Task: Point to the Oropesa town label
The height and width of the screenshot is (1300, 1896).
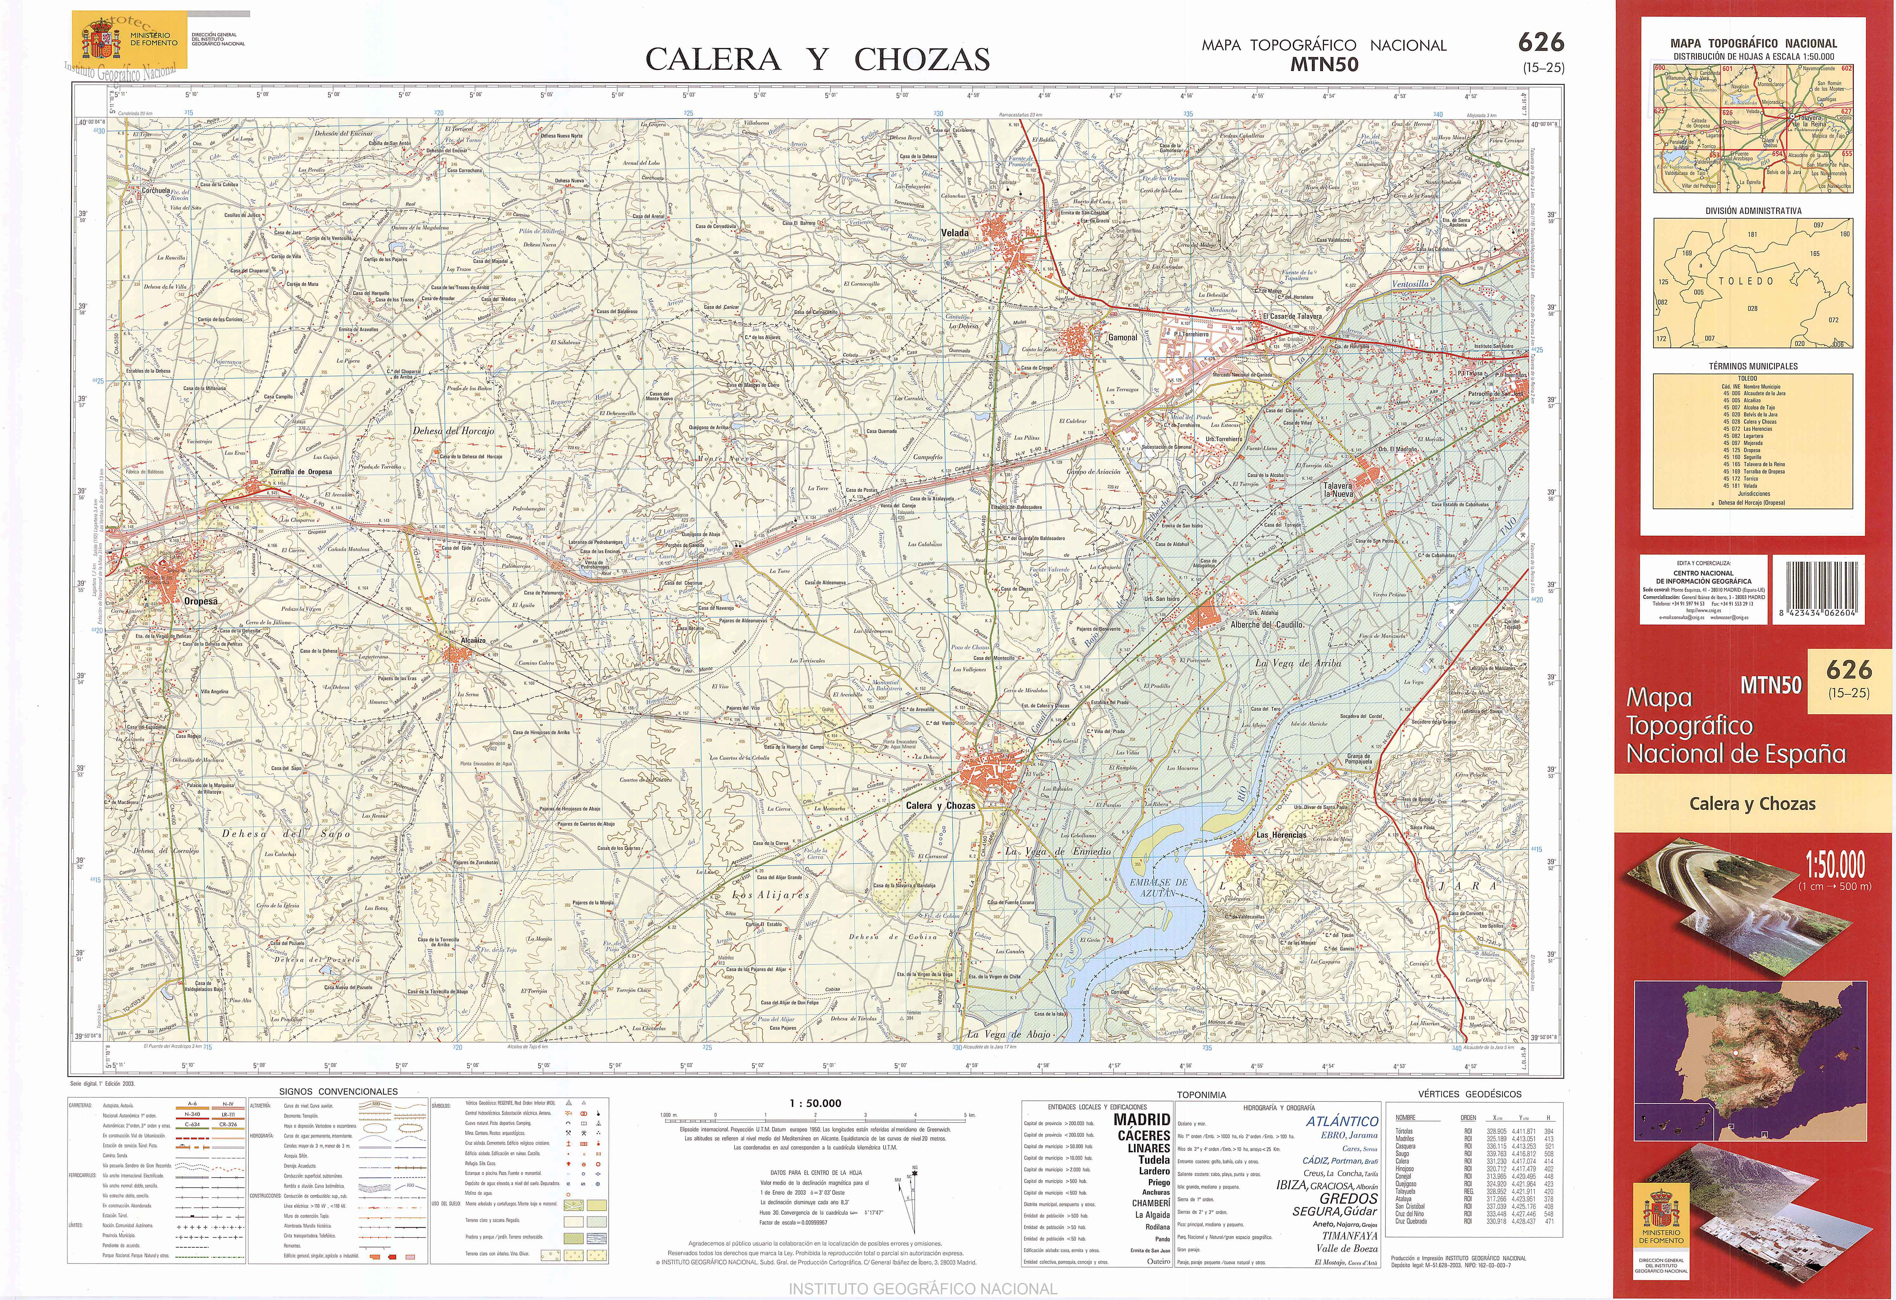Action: pyautogui.click(x=201, y=601)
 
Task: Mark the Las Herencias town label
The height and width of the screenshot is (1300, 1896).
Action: pyautogui.click(x=1281, y=835)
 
